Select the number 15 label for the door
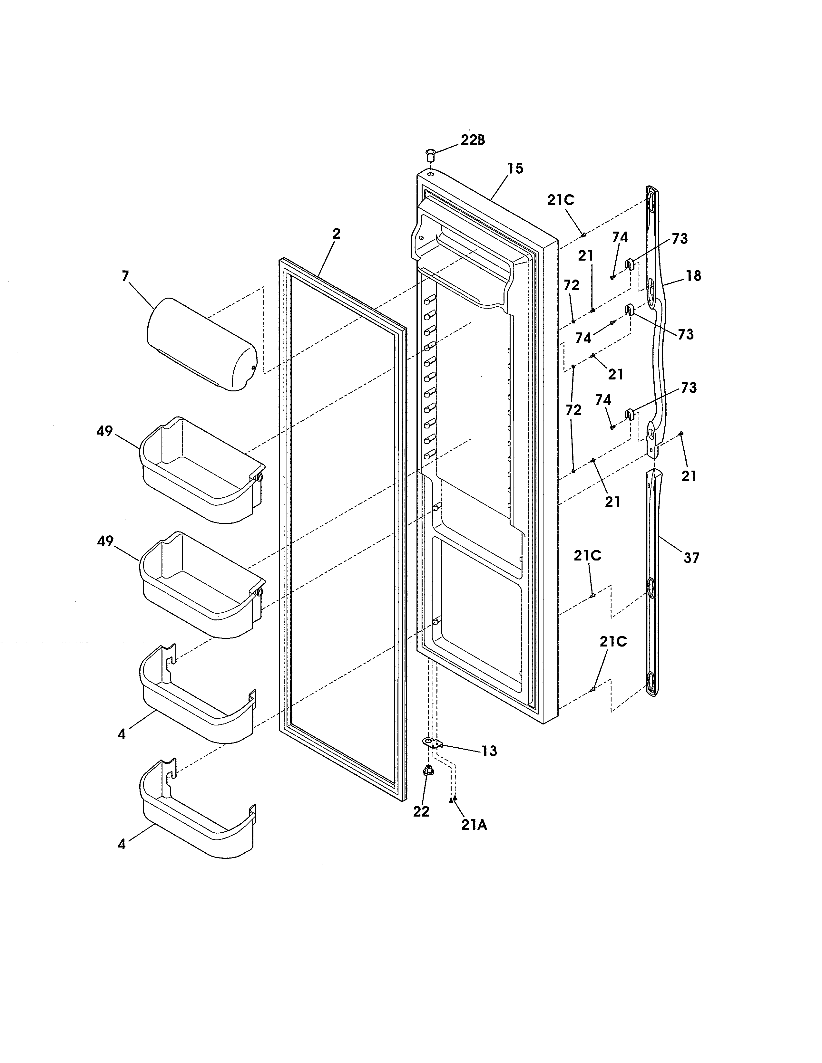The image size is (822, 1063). pyautogui.click(x=515, y=168)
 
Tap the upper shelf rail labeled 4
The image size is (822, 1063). pyautogui.click(x=197, y=699)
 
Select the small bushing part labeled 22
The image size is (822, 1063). pyautogui.click(x=428, y=771)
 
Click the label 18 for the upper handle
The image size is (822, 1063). pyautogui.click(x=693, y=276)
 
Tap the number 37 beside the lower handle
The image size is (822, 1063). pyautogui.click(x=691, y=558)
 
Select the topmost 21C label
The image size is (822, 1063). pyautogui.click(x=561, y=200)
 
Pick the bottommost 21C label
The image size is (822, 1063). pyautogui.click(x=613, y=642)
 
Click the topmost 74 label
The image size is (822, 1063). pyautogui.click(x=620, y=237)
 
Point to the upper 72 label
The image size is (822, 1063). pyautogui.click(x=572, y=286)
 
